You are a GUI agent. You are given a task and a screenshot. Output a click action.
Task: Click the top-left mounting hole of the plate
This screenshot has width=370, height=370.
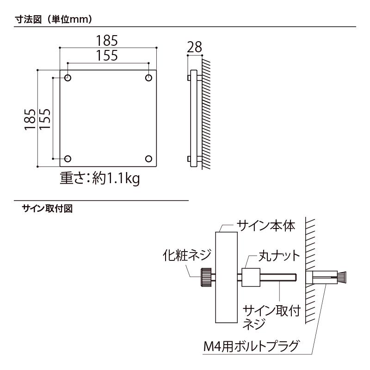pos(68,78)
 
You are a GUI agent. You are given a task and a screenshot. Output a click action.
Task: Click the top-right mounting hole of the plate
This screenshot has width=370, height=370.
pos(148,78)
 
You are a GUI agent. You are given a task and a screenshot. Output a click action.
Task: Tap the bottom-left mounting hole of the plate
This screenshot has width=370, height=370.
pos(68,159)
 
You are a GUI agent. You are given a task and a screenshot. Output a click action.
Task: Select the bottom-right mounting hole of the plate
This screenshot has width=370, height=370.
pos(148,159)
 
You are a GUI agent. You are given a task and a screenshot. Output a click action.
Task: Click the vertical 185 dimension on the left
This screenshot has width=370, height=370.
pos(30,118)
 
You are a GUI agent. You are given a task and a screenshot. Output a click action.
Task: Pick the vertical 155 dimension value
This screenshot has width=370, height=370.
pos(45,118)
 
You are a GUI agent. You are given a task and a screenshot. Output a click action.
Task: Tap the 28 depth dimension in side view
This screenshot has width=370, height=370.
pos(195,47)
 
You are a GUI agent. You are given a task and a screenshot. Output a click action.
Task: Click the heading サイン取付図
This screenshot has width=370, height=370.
pos(48,208)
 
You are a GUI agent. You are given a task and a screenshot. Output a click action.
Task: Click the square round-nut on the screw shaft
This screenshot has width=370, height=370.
pos(251,277)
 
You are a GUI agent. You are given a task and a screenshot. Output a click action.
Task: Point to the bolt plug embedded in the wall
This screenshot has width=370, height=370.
pos(326,278)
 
